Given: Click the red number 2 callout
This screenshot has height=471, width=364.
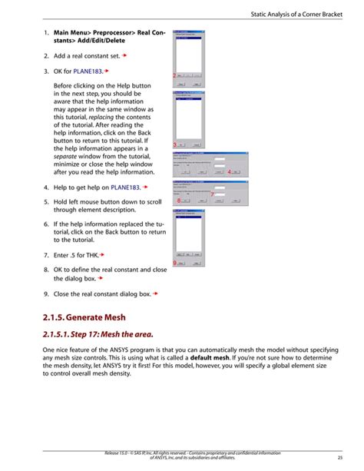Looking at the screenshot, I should tap(174, 75).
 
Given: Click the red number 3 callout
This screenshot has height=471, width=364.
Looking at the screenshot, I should tap(175, 144).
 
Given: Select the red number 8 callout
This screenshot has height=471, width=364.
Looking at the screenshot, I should tap(178, 201).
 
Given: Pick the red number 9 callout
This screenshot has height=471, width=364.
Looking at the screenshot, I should tap(175, 264).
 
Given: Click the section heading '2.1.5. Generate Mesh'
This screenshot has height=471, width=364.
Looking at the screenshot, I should tap(85, 317).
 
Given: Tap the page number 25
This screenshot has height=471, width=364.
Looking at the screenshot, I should tap(339, 459).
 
